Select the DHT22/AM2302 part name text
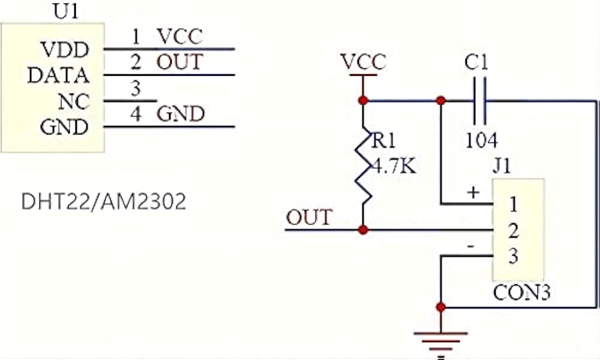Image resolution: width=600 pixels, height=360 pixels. pyautogui.click(x=104, y=201)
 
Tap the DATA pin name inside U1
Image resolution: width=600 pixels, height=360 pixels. pyautogui.click(x=59, y=75)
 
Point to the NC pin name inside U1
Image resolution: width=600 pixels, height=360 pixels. pyautogui.click(x=74, y=101)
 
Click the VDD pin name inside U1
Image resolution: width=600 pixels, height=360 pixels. pyautogui.click(x=65, y=49)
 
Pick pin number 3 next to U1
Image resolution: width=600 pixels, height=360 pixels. pyautogui.click(x=136, y=89)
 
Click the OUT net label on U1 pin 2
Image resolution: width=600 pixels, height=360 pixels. pyautogui.click(x=180, y=62)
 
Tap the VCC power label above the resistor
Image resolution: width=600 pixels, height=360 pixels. pyautogui.click(x=363, y=62)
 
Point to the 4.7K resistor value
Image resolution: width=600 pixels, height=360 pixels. pyautogui.click(x=394, y=167)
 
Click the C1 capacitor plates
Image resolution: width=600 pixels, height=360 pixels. pyautogui.click(x=480, y=101)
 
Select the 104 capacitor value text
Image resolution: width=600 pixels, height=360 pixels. pyautogui.click(x=482, y=140)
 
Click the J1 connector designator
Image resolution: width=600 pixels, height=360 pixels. pyautogui.click(x=501, y=166)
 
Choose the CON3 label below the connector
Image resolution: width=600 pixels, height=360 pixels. pyautogui.click(x=521, y=292)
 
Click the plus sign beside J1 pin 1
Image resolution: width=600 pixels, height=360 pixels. pyautogui.click(x=473, y=192)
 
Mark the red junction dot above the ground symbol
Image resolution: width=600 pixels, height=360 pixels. pyautogui.click(x=441, y=307)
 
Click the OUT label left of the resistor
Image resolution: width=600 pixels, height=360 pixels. pyautogui.click(x=309, y=217)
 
